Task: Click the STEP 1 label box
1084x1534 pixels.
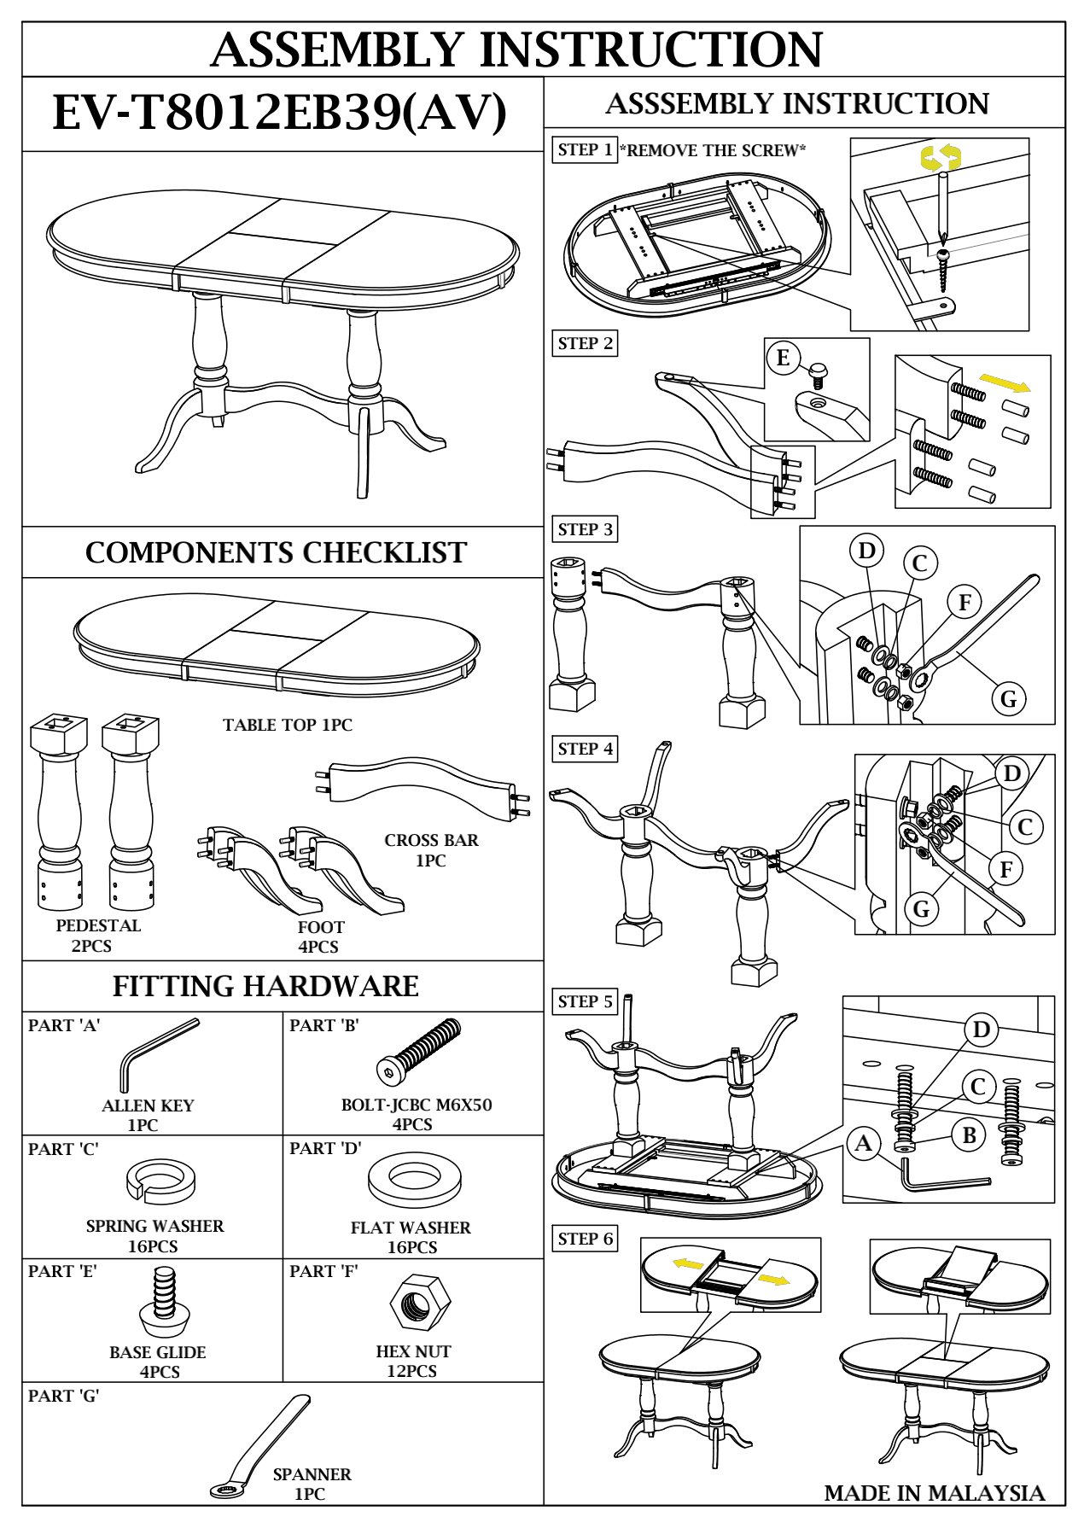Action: click(x=585, y=150)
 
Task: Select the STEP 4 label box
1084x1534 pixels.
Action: click(x=585, y=749)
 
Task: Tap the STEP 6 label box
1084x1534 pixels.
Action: click(x=585, y=1239)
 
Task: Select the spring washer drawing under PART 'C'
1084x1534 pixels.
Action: click(x=156, y=1180)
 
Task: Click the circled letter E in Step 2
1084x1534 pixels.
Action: click(x=783, y=357)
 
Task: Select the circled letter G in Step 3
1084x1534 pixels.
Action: click(x=1008, y=699)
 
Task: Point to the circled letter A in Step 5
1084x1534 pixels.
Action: click(x=864, y=1143)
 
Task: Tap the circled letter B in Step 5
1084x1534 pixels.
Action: click(x=969, y=1135)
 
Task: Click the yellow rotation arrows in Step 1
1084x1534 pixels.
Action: click(x=940, y=157)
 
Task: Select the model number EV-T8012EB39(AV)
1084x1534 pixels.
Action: click(x=280, y=114)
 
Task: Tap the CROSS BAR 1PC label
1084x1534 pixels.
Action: click(x=431, y=850)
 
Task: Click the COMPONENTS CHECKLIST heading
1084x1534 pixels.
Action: click(x=276, y=553)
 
